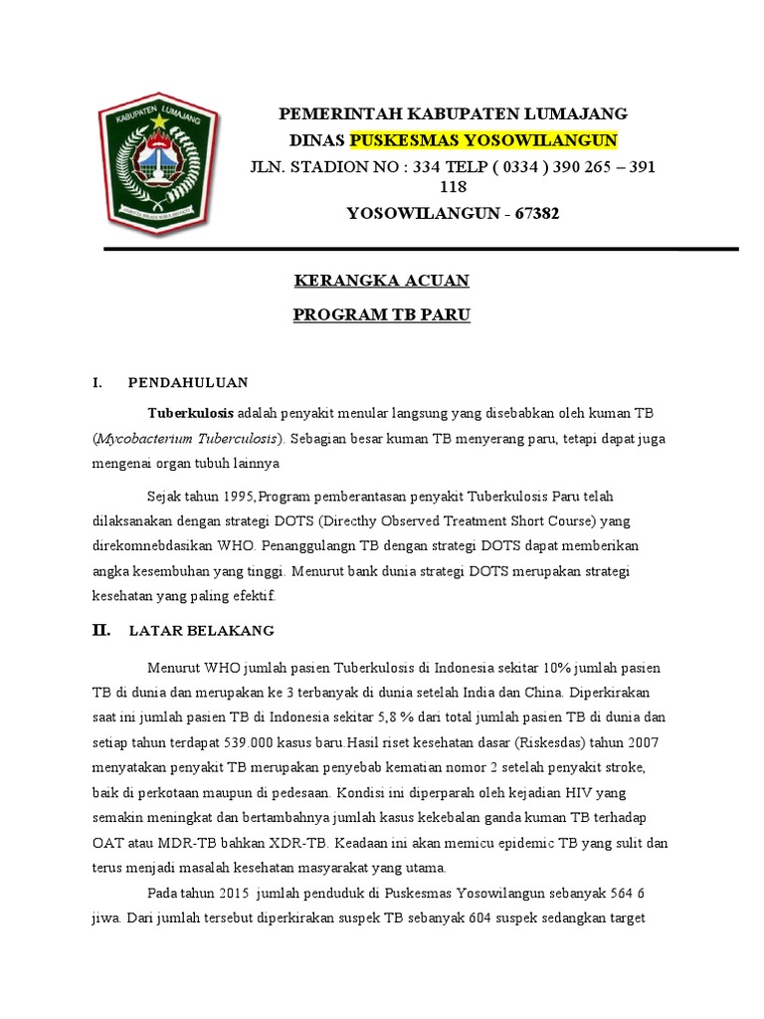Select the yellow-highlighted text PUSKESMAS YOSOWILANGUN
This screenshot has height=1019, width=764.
pyautogui.click(x=482, y=139)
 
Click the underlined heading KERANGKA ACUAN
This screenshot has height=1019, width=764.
pyautogui.click(x=381, y=282)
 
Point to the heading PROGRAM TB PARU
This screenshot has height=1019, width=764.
pyautogui.click(x=381, y=315)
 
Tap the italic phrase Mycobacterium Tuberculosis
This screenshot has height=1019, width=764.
pyautogui.click(x=187, y=438)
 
